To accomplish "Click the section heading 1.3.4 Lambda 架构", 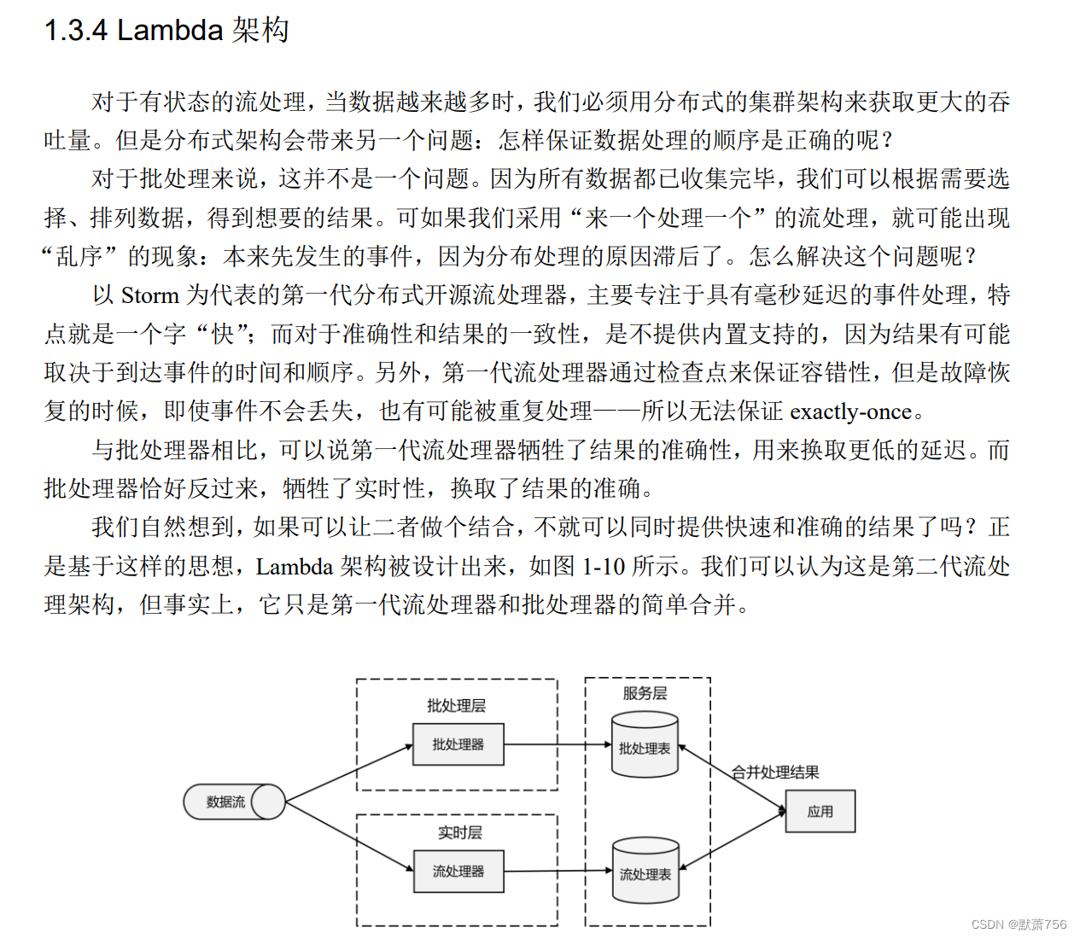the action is click(x=166, y=31).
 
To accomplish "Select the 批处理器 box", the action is click(x=458, y=744).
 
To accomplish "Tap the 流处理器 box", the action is click(x=458, y=871).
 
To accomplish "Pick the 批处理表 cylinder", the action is click(x=645, y=748).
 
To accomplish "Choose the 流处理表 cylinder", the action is click(x=645, y=873).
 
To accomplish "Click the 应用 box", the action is click(x=820, y=811).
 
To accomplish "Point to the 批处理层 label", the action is click(x=456, y=705).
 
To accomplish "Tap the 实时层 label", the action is click(x=459, y=832).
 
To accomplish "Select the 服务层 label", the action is click(x=645, y=693).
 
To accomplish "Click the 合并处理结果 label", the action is click(x=775, y=773).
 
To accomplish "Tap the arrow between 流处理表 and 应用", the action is click(x=732, y=841).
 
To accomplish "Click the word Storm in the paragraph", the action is click(x=149, y=295).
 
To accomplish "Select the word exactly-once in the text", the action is click(x=850, y=411).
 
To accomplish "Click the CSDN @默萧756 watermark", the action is click(x=1019, y=924).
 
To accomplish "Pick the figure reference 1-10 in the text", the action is click(x=604, y=567).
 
